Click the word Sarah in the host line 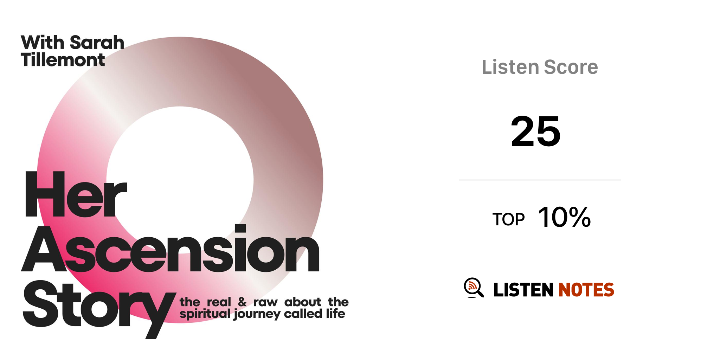(97, 43)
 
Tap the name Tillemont (63, 59)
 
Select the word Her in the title (75, 194)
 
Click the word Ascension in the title (171, 249)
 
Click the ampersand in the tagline (242, 302)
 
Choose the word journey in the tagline (257, 314)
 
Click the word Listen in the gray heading (510, 67)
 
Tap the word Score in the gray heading (571, 67)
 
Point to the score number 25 (535, 131)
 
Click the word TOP (508, 219)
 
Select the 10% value (564, 217)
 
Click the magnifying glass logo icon (474, 288)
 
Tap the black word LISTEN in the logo (523, 290)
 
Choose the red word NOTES (586, 290)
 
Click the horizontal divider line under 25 (540, 180)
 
